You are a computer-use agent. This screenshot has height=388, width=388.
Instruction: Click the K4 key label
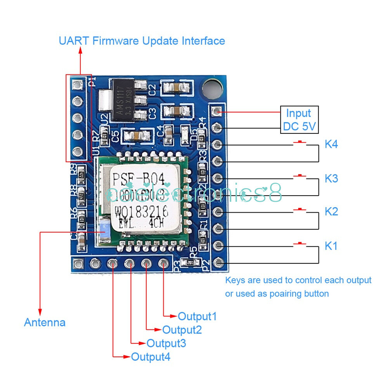331,145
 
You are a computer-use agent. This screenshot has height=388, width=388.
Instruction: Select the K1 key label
331,246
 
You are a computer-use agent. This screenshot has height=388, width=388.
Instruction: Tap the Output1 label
197,316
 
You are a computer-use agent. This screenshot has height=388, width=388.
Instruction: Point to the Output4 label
151,357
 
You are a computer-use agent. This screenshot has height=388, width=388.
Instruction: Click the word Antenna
45,322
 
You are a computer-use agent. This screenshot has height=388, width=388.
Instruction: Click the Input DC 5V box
299,119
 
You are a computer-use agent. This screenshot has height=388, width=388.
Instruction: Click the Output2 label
182,330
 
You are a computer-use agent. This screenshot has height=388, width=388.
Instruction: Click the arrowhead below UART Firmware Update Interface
80,51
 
